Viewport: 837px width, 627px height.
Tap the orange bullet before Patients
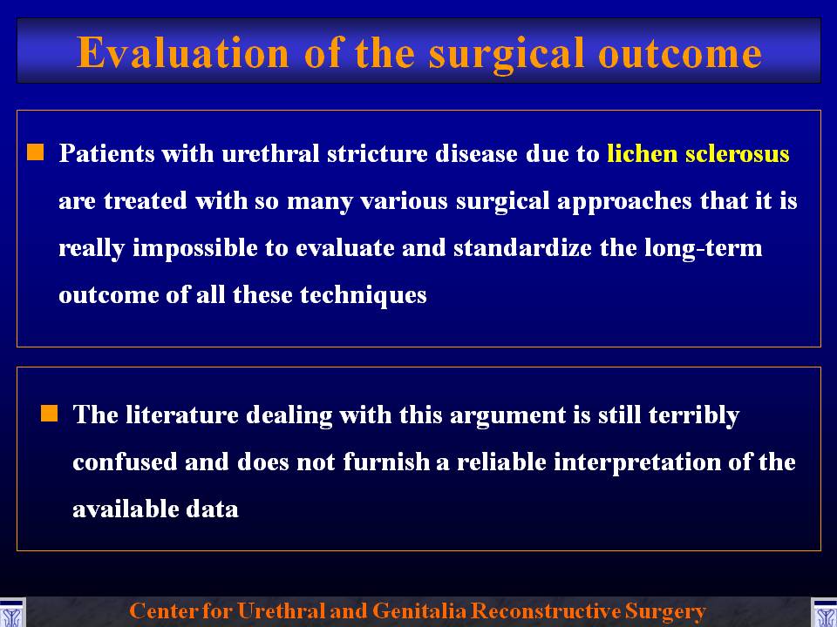click(x=36, y=152)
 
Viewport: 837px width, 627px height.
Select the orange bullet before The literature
click(x=49, y=413)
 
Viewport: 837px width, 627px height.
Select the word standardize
click(x=522, y=248)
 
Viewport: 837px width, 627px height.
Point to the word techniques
click(x=363, y=296)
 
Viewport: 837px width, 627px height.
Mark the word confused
click(x=125, y=462)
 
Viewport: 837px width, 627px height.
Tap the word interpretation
click(x=636, y=462)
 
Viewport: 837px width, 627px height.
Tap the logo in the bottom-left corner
click(x=11, y=612)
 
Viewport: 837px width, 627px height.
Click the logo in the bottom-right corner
click(x=824, y=612)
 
